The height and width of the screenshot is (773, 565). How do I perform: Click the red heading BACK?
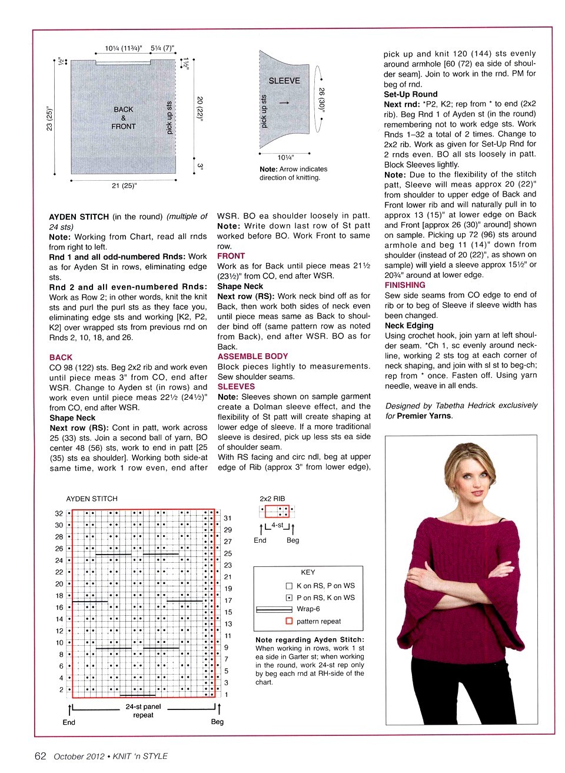[61, 357]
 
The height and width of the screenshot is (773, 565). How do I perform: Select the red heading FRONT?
[231, 256]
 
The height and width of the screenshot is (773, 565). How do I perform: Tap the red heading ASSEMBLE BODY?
[252, 356]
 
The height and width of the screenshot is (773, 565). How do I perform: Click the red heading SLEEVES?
[236, 387]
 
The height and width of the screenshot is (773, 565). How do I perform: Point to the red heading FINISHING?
[405, 285]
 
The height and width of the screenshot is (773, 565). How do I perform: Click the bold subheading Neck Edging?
[409, 326]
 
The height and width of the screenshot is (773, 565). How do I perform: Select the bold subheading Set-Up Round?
[411, 94]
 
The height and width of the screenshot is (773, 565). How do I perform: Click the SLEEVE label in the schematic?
[284, 81]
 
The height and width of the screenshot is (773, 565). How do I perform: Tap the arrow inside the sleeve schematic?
[284, 103]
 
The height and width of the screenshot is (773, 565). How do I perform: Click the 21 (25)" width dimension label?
[124, 186]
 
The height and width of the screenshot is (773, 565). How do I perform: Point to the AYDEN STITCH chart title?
[92, 499]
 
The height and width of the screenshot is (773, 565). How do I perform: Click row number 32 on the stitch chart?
[59, 513]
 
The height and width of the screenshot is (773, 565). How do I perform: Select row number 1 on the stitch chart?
[227, 695]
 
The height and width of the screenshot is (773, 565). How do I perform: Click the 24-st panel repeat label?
[143, 711]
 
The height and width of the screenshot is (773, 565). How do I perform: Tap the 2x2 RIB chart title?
[272, 499]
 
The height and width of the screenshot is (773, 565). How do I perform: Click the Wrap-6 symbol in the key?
[274, 609]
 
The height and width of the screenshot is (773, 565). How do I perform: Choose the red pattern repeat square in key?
[289, 621]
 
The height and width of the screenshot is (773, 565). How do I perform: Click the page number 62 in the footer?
[40, 757]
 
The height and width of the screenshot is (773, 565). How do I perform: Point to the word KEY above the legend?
[308, 572]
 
